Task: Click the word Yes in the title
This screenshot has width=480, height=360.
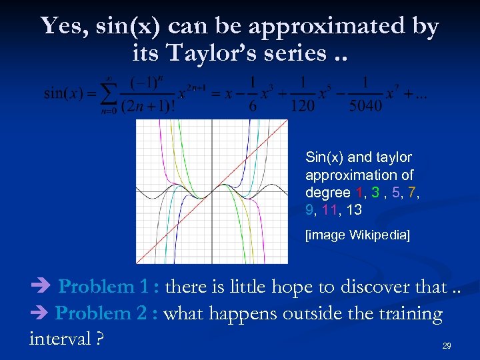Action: (61, 26)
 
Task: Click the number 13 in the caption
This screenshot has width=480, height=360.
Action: (354, 210)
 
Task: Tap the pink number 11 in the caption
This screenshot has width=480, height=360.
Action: (329, 210)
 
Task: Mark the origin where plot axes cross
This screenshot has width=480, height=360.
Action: (212, 192)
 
